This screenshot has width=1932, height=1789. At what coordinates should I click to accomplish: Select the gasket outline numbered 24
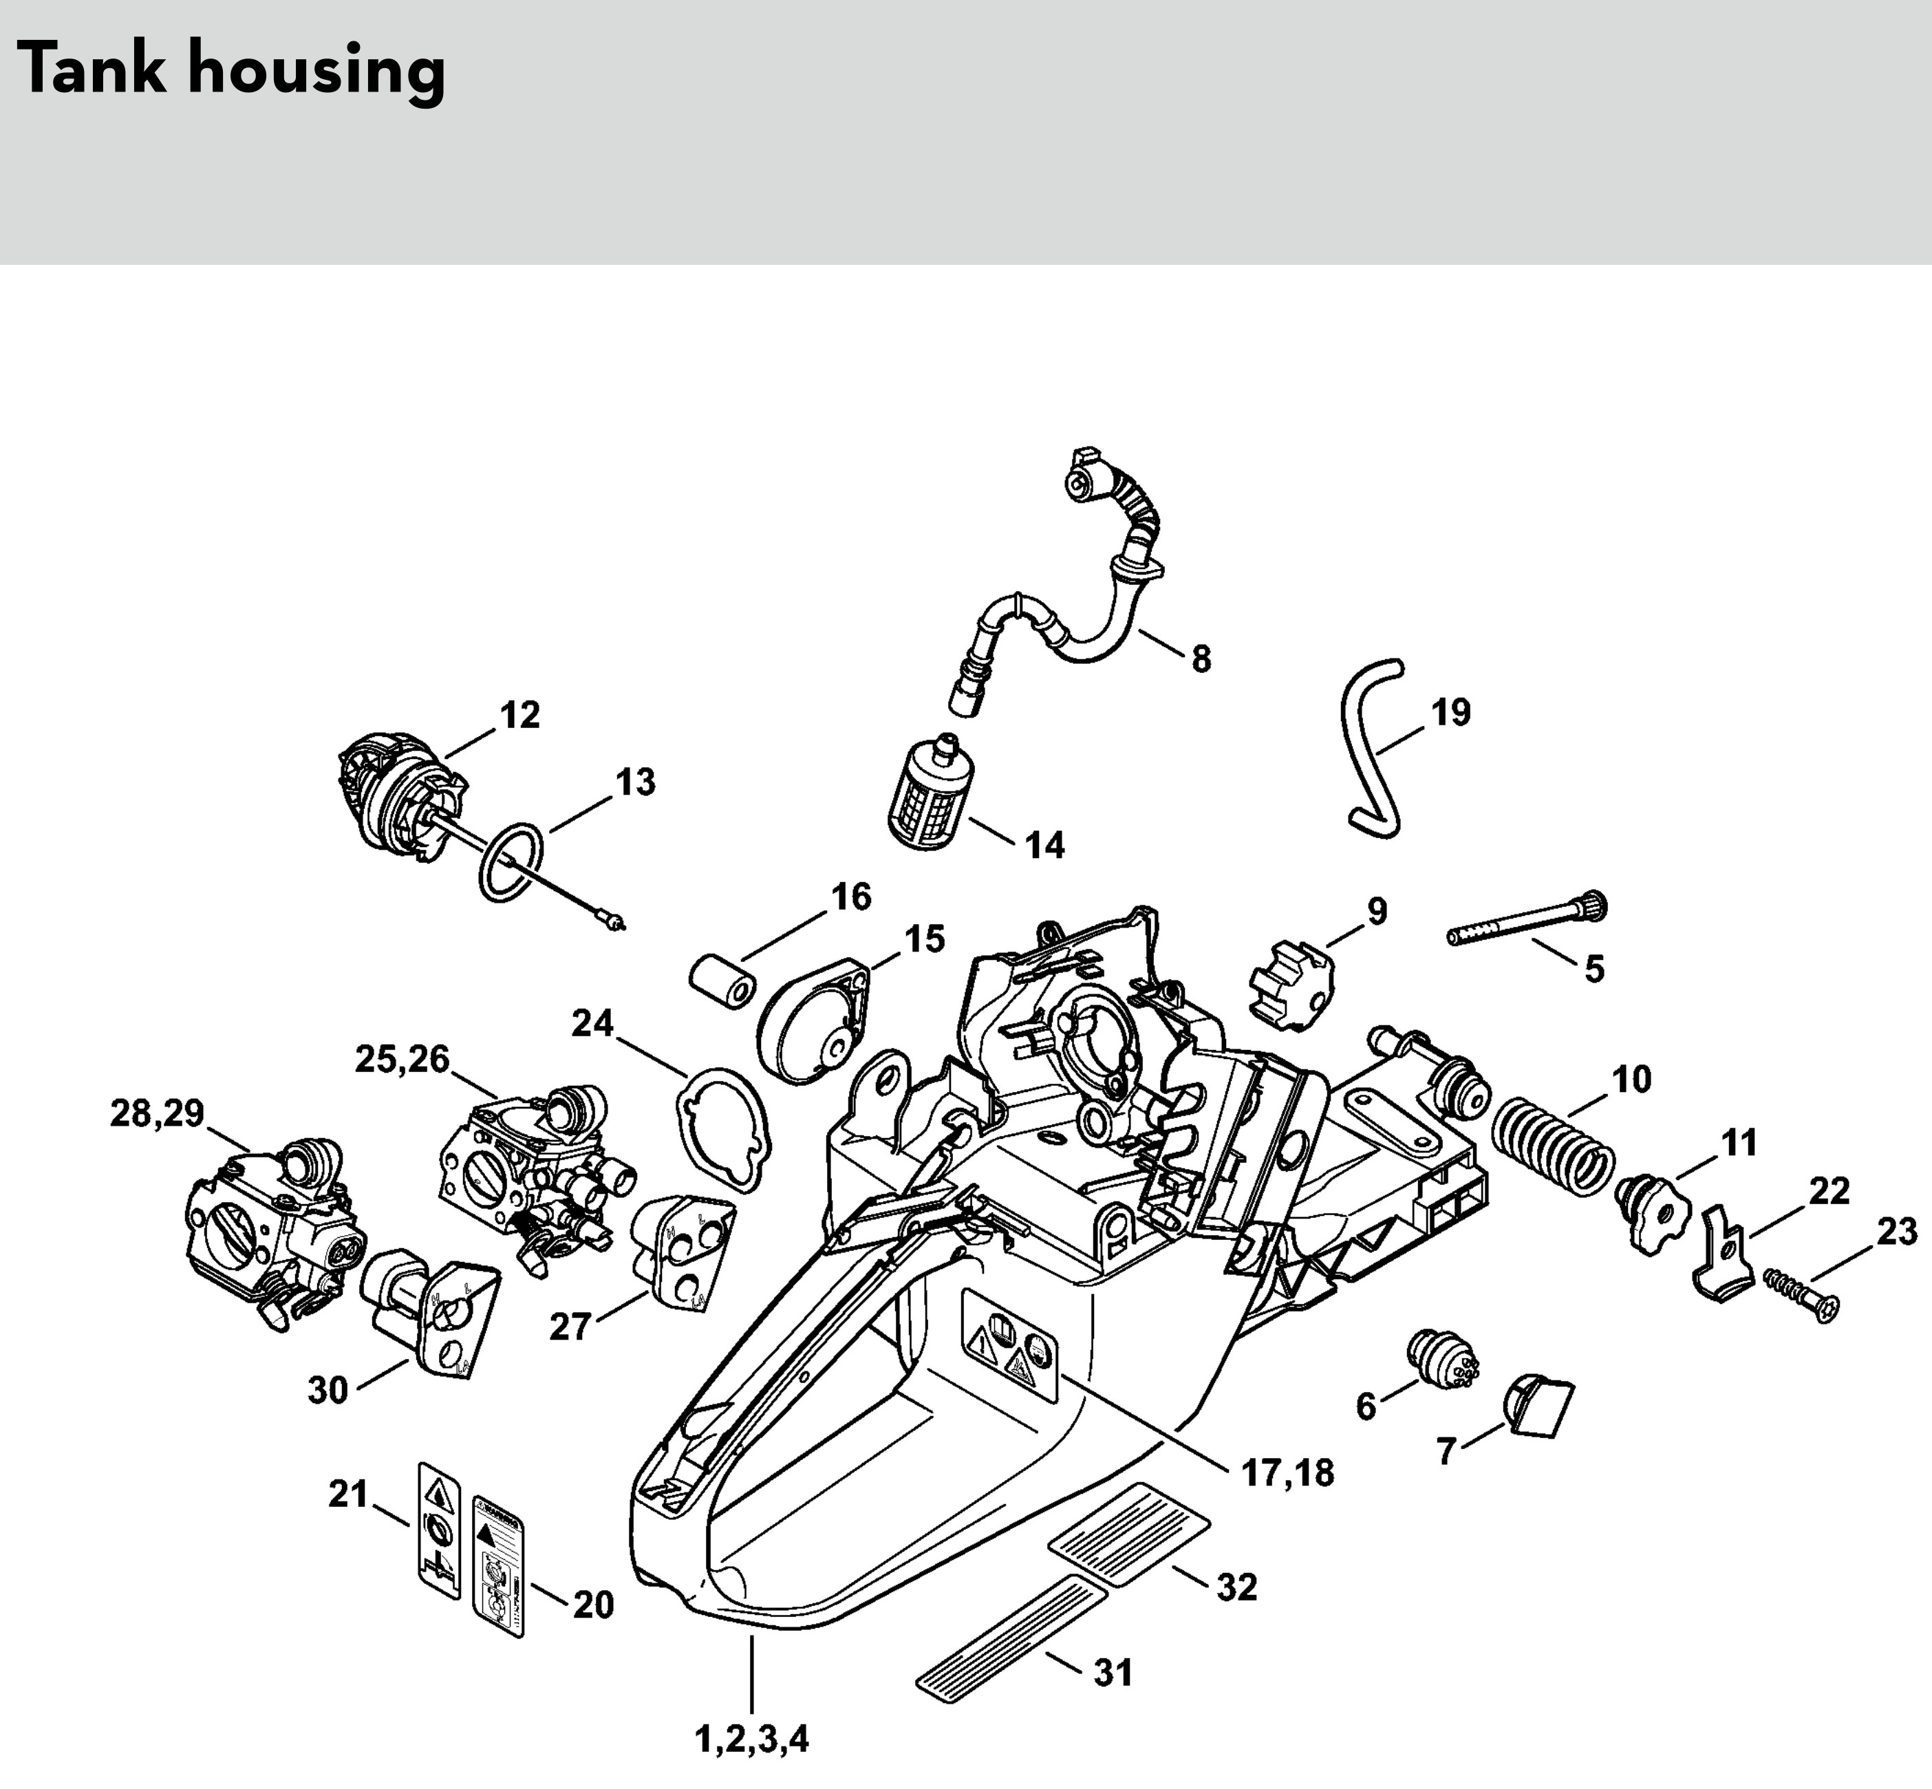click(x=724, y=1128)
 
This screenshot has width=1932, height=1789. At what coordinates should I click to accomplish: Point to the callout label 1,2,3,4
click(x=752, y=1739)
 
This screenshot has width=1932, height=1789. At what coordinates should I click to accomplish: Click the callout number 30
click(x=328, y=1390)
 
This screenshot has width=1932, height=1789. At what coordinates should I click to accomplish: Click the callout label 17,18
click(x=1287, y=1472)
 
